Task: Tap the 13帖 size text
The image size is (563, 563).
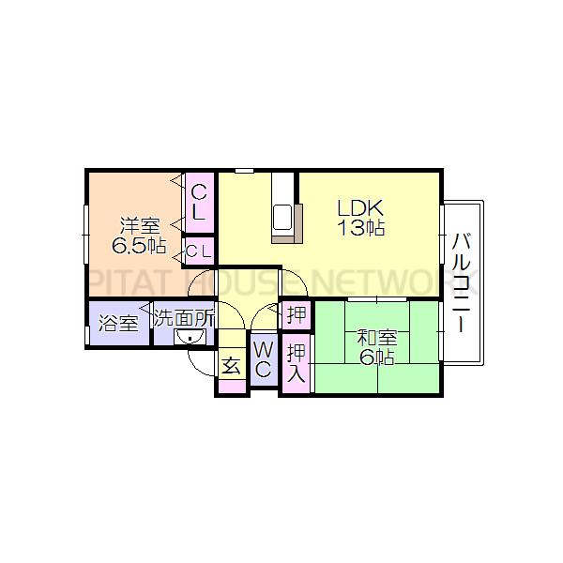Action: click(362, 228)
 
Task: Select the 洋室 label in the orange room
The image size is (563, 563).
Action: click(139, 226)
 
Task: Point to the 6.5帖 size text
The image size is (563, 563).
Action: click(139, 247)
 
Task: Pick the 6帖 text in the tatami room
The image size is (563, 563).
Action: click(376, 358)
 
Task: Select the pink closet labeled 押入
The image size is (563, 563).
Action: click(297, 363)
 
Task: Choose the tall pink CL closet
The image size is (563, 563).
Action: click(199, 202)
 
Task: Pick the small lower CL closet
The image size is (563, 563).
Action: click(198, 251)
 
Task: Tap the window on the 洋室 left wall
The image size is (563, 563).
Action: click(86, 227)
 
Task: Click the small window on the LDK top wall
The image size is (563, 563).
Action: click(245, 170)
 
